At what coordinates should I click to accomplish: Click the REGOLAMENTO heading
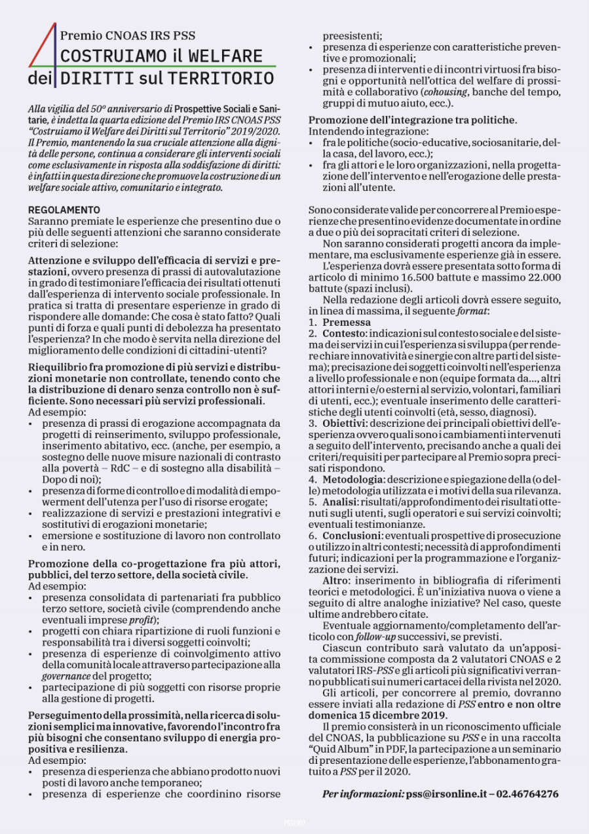(64, 210)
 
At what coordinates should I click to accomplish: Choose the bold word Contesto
(344, 334)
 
